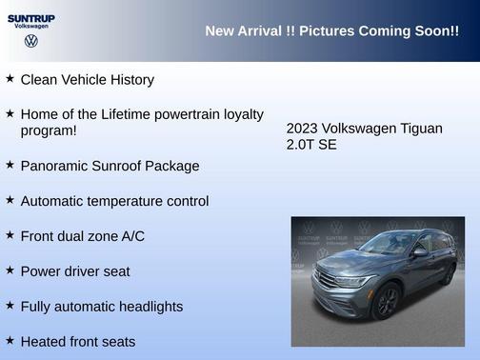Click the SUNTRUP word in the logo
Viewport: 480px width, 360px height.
point(31,17)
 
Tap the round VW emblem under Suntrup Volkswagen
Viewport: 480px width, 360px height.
point(30,41)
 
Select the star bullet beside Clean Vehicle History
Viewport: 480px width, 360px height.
point(10,79)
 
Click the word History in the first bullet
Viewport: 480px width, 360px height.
point(129,80)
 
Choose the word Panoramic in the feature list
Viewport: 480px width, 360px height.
point(53,166)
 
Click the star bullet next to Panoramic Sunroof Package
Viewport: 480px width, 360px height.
point(10,165)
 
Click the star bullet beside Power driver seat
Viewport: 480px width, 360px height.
point(10,270)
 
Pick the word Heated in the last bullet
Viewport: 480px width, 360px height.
point(44,341)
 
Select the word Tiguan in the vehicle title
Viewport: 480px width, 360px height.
point(421,129)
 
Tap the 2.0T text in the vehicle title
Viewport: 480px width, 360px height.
point(301,145)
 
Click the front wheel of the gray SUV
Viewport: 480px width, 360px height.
point(386,303)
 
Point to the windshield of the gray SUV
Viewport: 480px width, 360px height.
point(390,243)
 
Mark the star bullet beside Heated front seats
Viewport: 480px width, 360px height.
point(10,340)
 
